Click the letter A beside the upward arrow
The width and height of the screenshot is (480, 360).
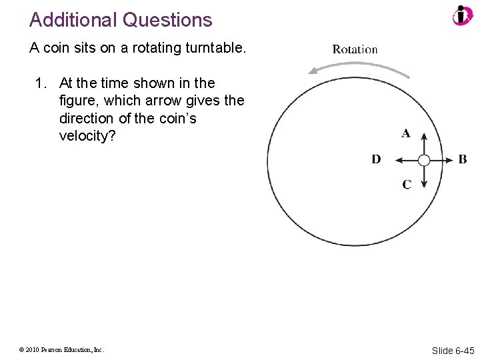tap(405, 133)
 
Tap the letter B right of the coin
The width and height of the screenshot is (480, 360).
tap(463, 159)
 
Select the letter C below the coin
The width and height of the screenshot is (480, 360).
tap(406, 185)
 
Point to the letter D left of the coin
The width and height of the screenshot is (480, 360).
tap(376, 159)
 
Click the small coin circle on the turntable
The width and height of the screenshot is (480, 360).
tap(424, 160)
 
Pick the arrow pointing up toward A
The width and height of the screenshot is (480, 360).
tap(424, 142)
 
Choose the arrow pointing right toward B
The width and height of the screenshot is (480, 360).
tap(441, 160)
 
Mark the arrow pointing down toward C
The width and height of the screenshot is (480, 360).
tap(424, 177)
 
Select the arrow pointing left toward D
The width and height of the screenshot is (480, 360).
tap(406, 160)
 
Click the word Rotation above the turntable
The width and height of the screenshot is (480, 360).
tap(355, 49)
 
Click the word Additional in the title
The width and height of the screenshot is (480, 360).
tap(74, 20)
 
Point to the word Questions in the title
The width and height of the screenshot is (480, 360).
tap(168, 20)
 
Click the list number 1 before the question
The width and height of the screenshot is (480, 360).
tap(41, 83)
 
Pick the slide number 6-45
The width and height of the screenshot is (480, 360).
tap(465, 351)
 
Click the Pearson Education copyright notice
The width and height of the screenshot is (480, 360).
tap(61, 349)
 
